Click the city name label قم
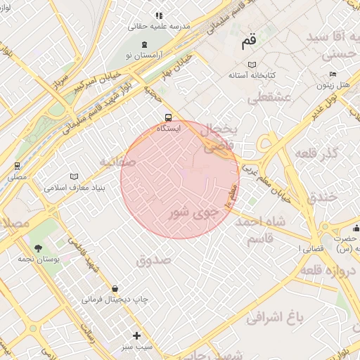pos(249,41)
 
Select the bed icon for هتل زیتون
pos(333,75)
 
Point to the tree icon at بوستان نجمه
pos(39,248)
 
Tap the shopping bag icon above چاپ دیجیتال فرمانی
pos(115,288)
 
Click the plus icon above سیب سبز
pos(136,335)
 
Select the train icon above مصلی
pos(16,166)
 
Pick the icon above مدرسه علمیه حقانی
pos(160,15)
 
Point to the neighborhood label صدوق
pos(154,260)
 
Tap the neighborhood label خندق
pos(323,198)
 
